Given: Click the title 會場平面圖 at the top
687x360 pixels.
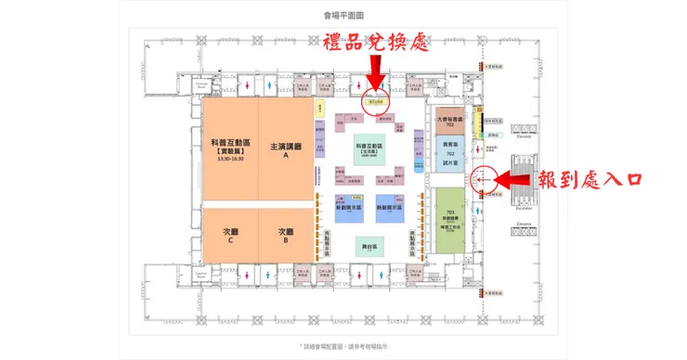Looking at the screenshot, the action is [343, 15].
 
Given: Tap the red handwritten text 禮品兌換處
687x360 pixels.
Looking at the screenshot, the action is [374, 44].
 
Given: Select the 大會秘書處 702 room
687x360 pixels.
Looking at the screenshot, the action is [449, 122].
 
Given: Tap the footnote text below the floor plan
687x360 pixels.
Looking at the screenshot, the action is [343, 345].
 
